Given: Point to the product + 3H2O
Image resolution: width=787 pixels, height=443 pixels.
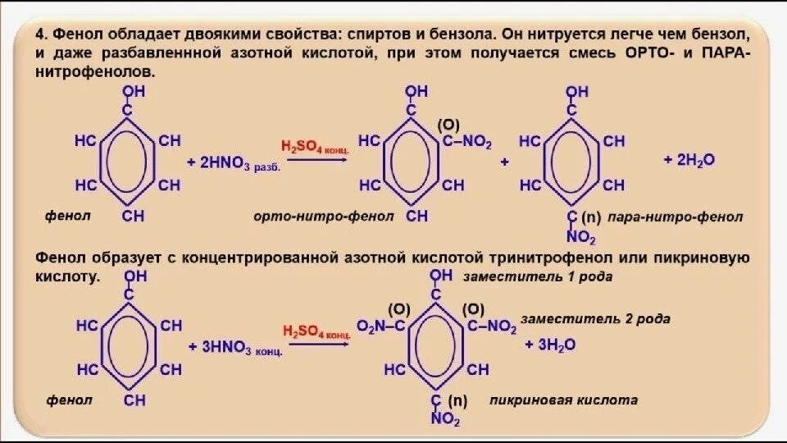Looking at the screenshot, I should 551,345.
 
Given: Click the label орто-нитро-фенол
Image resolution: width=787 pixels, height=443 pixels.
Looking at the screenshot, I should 311,216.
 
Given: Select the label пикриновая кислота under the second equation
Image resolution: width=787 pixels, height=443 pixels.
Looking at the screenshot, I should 563,400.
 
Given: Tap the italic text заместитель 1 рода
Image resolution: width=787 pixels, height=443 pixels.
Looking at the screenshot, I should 539,277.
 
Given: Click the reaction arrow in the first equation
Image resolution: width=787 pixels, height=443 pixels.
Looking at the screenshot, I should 315,161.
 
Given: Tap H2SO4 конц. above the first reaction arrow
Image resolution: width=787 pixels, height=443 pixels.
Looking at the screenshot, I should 316,147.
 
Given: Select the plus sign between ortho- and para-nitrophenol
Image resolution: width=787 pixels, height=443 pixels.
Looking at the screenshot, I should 504,162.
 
